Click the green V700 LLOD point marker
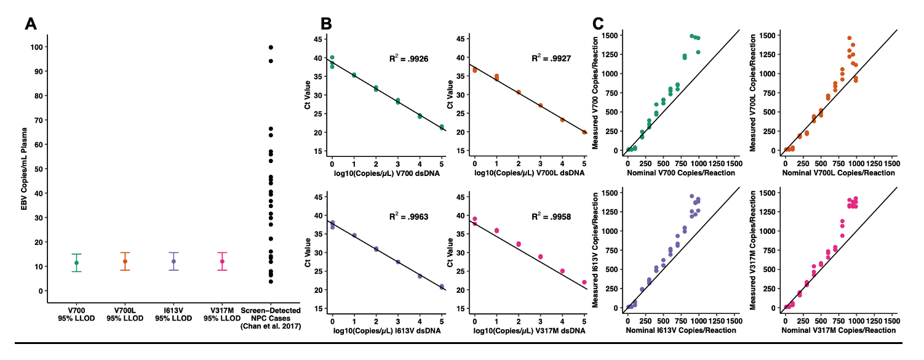[x=76, y=263]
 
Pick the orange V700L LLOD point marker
[x=125, y=262]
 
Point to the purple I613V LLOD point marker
[x=173, y=262]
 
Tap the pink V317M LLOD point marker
[x=222, y=262]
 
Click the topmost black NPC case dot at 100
[x=271, y=47]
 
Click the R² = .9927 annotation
[x=551, y=60]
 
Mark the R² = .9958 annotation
[x=551, y=217]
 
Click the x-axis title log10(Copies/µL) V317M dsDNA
[x=529, y=332]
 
